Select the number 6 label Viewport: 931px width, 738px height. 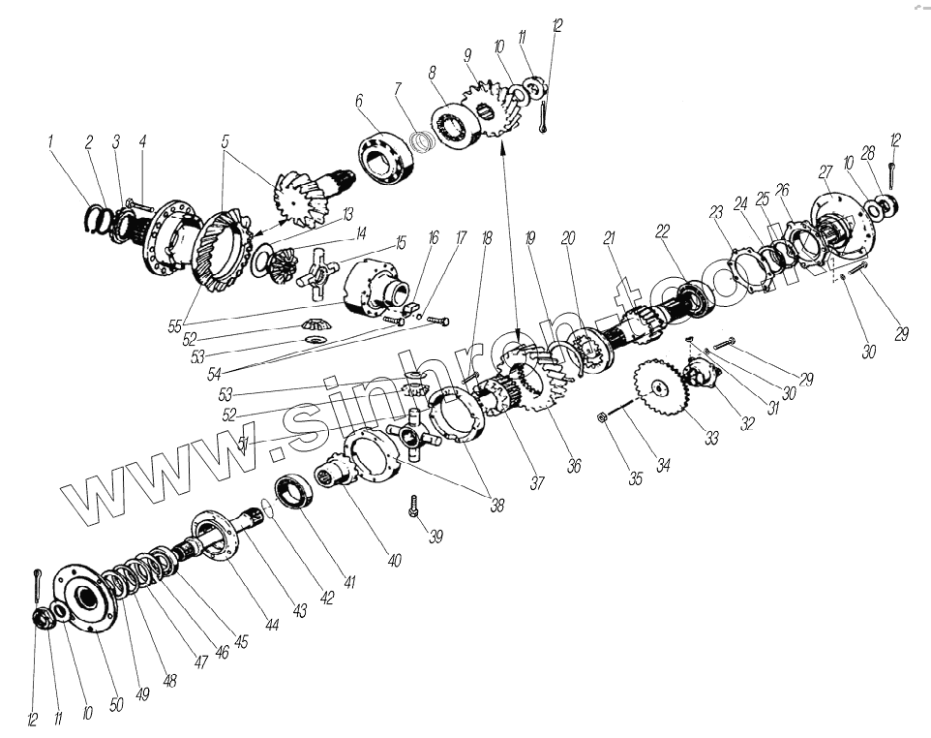coord(359,101)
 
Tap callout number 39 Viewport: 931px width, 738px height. coord(435,537)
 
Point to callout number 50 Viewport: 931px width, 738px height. coord(116,705)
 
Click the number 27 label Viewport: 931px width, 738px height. coord(826,172)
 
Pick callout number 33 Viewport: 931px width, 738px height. coord(711,438)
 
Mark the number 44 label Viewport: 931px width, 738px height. coord(272,625)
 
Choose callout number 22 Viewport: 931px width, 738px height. coord(662,231)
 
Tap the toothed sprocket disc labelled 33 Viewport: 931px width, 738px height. coord(660,388)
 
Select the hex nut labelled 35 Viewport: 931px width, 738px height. coord(600,417)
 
